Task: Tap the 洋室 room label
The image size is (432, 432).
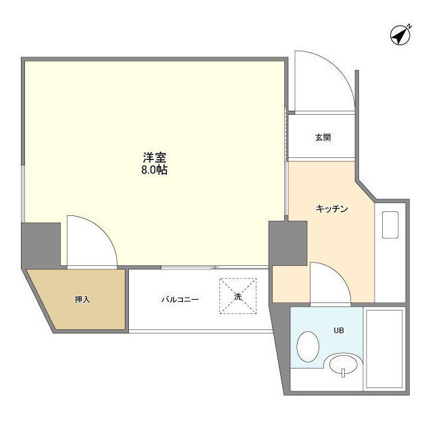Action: tap(155, 157)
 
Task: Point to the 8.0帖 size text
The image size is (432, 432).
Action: tap(155, 171)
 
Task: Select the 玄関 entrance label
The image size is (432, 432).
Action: tap(323, 138)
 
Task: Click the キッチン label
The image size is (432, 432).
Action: tap(331, 209)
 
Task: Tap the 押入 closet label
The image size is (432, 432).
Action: tap(82, 299)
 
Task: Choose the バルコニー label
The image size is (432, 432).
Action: tap(179, 299)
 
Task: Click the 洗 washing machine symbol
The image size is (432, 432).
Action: tap(238, 297)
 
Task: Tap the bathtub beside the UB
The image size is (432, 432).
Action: tap(383, 348)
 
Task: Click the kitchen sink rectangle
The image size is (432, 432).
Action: tap(391, 225)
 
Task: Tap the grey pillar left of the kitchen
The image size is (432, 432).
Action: tap(288, 243)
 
